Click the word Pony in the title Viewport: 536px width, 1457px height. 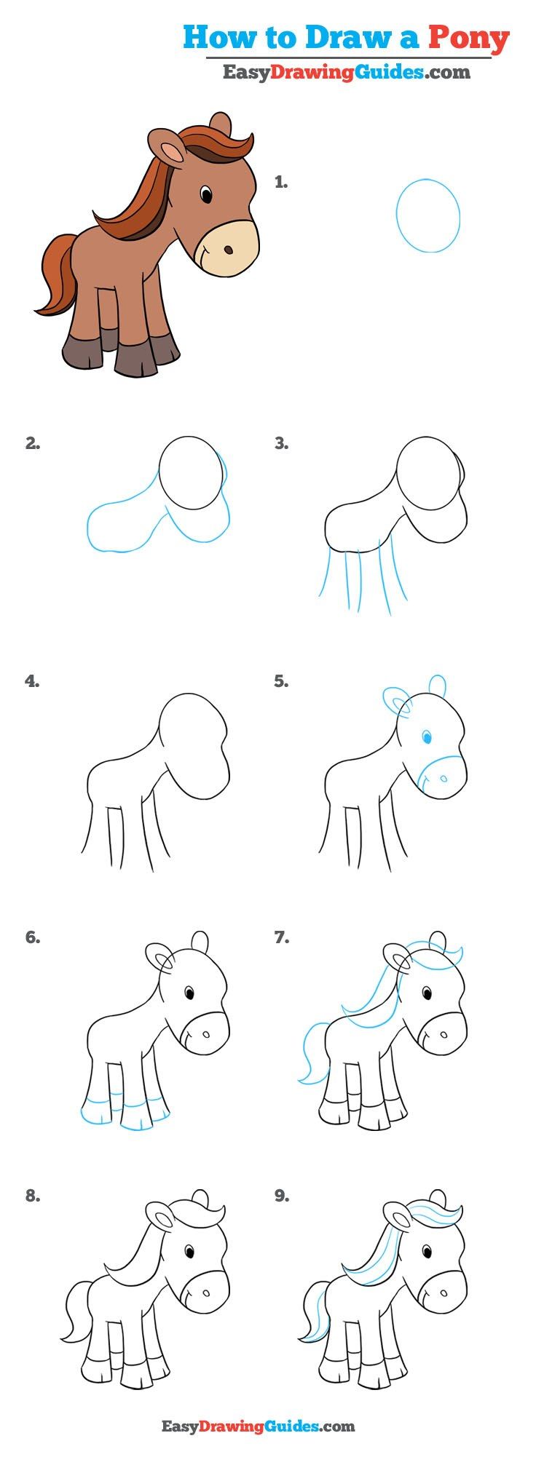point(468,37)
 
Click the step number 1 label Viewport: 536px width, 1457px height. point(281,183)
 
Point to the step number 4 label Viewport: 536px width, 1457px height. point(32,681)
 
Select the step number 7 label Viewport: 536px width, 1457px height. point(282,938)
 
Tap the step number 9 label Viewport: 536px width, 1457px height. point(282,1195)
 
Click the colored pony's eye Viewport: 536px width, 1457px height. point(207,195)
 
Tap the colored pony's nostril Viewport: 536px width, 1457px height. point(229,250)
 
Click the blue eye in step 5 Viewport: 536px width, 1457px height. point(427,739)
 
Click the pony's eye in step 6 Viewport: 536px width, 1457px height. point(189,993)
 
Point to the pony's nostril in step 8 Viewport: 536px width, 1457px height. point(205,1293)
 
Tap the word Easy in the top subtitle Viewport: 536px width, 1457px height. point(246,73)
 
